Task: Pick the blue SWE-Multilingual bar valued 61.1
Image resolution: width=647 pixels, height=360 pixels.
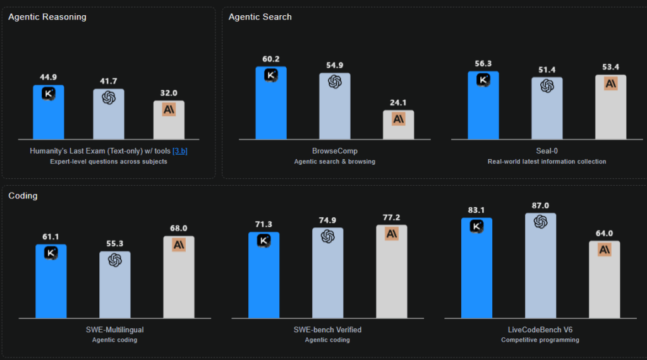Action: (x=51, y=284)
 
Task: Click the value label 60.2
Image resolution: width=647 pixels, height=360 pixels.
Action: (x=270, y=59)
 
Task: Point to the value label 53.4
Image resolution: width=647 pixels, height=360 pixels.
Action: (x=610, y=68)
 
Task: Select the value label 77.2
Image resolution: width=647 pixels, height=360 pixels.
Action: (x=392, y=218)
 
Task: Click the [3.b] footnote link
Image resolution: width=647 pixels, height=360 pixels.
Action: (x=180, y=151)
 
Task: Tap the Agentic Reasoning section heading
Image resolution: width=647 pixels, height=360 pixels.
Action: (x=47, y=17)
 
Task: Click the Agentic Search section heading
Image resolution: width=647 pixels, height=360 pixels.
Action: (x=260, y=17)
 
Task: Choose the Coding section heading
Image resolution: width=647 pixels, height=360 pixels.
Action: (x=23, y=196)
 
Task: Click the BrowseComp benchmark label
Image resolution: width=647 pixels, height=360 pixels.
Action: (x=334, y=151)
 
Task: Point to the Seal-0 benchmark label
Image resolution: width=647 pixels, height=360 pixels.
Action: (x=547, y=151)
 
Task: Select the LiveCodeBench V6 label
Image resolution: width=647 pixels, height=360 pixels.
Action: (x=540, y=330)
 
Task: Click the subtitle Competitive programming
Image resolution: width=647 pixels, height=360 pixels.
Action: (x=540, y=340)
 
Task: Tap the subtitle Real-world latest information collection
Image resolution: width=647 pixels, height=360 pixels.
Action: (x=547, y=162)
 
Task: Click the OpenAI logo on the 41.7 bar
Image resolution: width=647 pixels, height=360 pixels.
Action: (x=109, y=98)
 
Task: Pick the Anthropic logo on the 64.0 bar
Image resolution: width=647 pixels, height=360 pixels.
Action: (x=605, y=250)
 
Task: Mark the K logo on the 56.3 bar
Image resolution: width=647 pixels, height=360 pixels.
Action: (x=483, y=80)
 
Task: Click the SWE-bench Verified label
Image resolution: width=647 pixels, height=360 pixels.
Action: (x=327, y=330)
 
